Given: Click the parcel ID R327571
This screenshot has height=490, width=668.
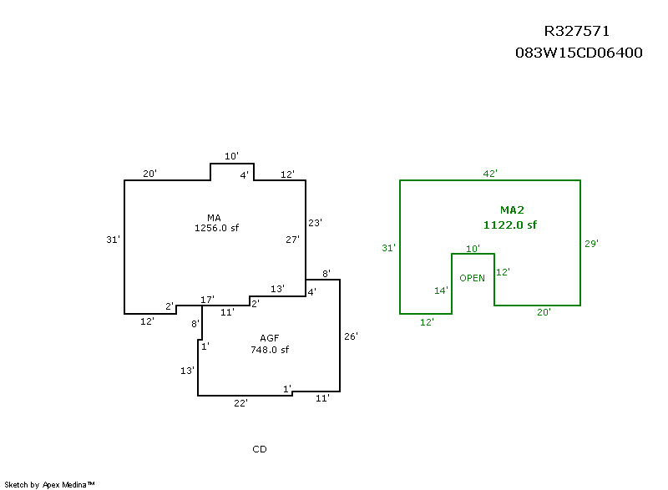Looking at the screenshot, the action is coord(577,31).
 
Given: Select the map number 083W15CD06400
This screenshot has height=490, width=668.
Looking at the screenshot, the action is coord(579,53).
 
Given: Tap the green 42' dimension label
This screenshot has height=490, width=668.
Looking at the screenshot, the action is coord(490,174).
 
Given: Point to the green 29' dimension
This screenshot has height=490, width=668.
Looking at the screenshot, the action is coord(591,244).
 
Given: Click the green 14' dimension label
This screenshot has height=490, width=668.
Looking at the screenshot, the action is coord(441,290).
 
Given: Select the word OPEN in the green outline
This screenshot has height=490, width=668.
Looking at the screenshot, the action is coord(472,278).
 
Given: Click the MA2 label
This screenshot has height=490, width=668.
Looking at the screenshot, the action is coord(512,210).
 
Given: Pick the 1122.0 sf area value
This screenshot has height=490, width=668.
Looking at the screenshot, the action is coord(510,225).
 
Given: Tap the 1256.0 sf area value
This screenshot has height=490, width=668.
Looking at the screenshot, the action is coord(216,228).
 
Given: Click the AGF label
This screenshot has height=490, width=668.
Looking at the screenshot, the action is coord(269,338).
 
